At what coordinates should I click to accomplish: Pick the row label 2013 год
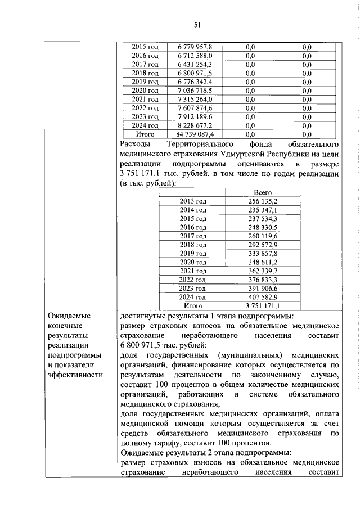pos(192,201)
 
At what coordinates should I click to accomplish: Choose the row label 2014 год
pos(192,209)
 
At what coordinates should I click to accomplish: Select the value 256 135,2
pos(263,201)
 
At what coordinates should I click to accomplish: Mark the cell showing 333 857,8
pos(263,253)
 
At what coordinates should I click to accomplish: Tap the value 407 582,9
pos(263,296)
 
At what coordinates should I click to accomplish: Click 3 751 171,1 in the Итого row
pos(263,305)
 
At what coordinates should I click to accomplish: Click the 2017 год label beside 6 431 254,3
pos(145,65)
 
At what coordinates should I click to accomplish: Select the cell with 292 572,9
pos(263,244)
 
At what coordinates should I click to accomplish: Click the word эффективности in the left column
pos(76,376)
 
